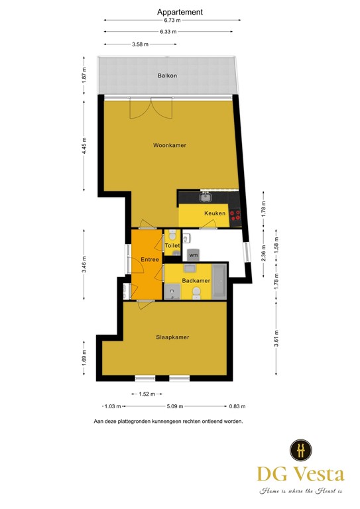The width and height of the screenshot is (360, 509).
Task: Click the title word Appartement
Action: pos(180,12)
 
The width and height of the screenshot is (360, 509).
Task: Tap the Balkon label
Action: pos(167,76)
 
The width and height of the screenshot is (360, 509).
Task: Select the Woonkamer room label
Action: pos(168,145)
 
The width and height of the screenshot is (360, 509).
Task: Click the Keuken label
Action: pos(215,213)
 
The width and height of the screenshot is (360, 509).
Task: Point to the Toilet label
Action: pos(172,246)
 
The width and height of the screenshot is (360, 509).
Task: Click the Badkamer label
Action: pos(196,281)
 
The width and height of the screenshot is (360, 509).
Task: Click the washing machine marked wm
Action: pos(193,254)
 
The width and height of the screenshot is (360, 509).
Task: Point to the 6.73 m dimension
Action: pos(171,21)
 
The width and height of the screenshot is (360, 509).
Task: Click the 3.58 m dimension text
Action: pos(140,44)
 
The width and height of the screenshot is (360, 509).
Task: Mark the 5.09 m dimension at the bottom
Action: pos(175,406)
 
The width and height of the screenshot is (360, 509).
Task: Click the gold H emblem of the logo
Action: pos(301,450)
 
